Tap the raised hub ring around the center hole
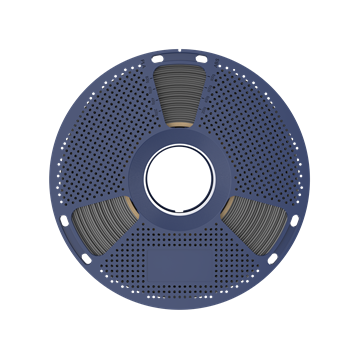click(x=180, y=142)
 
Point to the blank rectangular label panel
click(x=180, y=266)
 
